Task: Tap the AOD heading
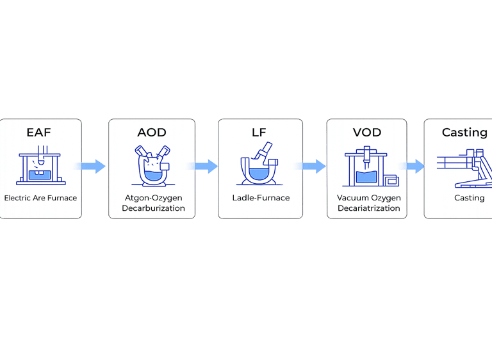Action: point(152,133)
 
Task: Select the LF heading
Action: point(260,133)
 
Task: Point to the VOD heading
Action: point(367,133)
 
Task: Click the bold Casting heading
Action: point(464,133)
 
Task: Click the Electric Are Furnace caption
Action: point(40,198)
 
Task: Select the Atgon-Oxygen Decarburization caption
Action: point(153,203)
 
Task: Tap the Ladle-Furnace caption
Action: point(261,198)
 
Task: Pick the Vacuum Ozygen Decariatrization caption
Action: point(368,203)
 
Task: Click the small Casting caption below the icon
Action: point(469,198)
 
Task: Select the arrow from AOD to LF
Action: point(206,167)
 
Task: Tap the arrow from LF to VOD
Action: point(314,167)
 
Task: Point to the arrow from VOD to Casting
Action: point(415,167)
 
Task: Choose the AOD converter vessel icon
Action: point(152,165)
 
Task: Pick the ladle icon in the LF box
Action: point(259,165)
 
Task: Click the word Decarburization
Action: point(153,208)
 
